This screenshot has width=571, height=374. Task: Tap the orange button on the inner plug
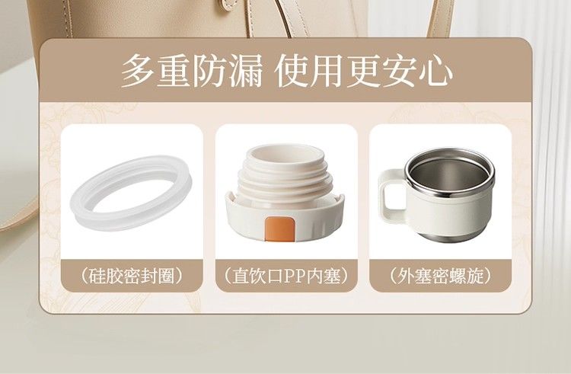[279, 229]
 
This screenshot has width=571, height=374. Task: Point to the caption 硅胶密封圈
[132, 276]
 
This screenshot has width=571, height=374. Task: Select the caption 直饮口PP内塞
[286, 276]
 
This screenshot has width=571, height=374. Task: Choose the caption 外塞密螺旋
[440, 276]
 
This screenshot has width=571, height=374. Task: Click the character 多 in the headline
[137, 71]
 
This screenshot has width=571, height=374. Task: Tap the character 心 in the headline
[435, 71]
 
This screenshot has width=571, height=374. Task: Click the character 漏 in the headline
[244, 71]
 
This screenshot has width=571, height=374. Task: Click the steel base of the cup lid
[451, 235]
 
